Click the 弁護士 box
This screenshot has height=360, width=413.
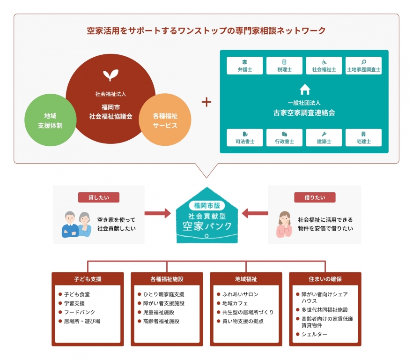tap(244, 66)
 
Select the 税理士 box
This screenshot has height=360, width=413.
tap(284, 66)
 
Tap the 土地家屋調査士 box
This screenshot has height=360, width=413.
tap(363, 66)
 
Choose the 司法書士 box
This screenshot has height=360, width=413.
tap(244, 138)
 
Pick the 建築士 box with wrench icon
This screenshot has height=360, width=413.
tap(324, 138)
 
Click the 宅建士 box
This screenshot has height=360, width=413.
tap(363, 138)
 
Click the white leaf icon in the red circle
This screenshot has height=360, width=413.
tap(111, 75)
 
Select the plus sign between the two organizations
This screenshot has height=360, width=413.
tap(206, 102)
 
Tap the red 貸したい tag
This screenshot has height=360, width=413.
tap(99, 197)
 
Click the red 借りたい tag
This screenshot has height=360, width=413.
tap(315, 197)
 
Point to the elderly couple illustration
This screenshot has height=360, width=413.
tap(77, 224)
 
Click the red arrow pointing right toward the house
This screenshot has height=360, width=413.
tap(157, 214)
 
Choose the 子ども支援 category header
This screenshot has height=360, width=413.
tap(88, 279)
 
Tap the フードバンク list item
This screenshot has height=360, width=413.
tap(79, 312)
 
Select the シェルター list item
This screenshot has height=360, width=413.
tap(314, 334)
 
